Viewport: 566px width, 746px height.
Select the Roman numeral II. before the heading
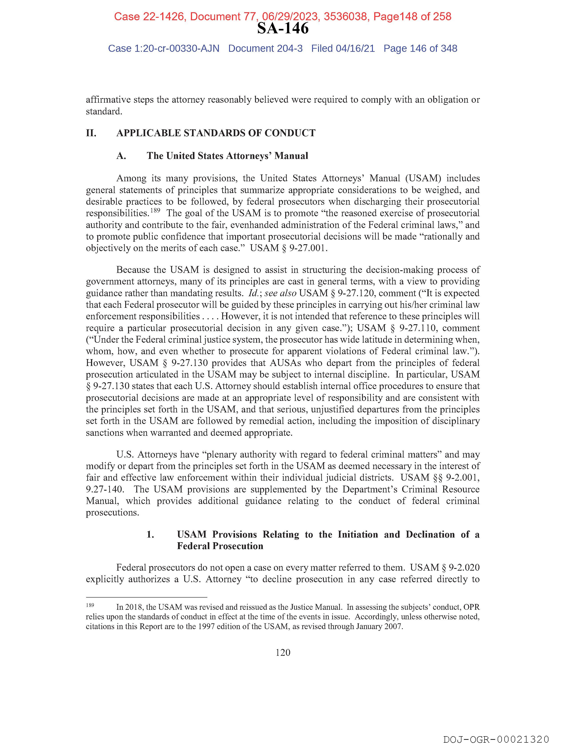coord(91,133)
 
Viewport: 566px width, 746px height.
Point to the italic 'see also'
coord(280,293)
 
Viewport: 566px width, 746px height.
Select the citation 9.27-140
coord(105,489)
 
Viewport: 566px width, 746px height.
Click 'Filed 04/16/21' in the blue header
coord(343,49)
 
